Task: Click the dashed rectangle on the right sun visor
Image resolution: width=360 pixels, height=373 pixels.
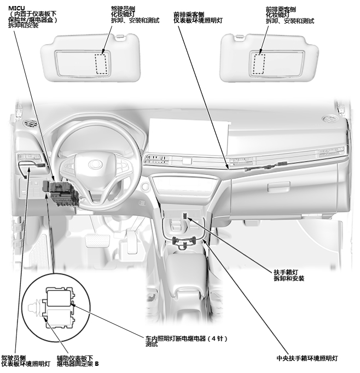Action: [x=258, y=64]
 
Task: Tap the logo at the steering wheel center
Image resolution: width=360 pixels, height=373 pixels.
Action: [x=96, y=163]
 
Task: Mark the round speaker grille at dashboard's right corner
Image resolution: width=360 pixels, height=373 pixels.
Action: [x=329, y=119]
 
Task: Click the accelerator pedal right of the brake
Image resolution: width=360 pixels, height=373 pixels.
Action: [x=131, y=241]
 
